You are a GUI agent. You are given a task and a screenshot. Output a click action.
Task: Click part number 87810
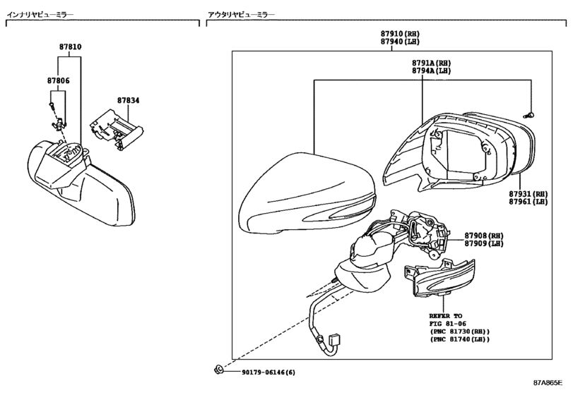click(70, 47)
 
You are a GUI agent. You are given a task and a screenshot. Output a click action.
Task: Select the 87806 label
click(59, 81)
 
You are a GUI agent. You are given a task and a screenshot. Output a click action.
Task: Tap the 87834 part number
click(129, 101)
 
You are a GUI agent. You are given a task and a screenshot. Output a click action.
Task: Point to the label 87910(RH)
click(401, 34)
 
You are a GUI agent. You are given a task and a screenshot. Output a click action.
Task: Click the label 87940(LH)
click(401, 42)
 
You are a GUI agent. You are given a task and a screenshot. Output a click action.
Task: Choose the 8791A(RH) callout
click(431, 63)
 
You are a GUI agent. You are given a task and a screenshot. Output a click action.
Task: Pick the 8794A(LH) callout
click(431, 71)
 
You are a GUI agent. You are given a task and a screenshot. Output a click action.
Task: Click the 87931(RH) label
click(528, 193)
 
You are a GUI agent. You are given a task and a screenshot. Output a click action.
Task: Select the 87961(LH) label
click(528, 202)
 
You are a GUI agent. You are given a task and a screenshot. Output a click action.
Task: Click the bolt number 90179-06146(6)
click(268, 372)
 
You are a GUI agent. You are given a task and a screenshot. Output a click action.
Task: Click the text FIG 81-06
click(447, 324)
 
